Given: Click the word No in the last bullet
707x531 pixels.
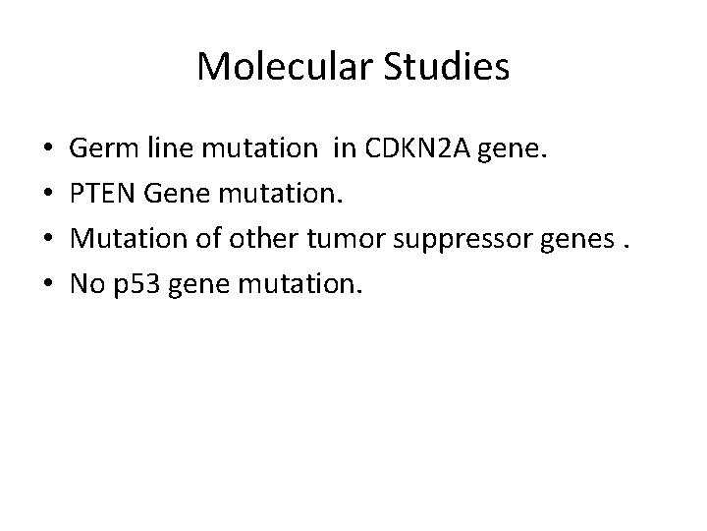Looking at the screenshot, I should pyautogui.click(x=86, y=286).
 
